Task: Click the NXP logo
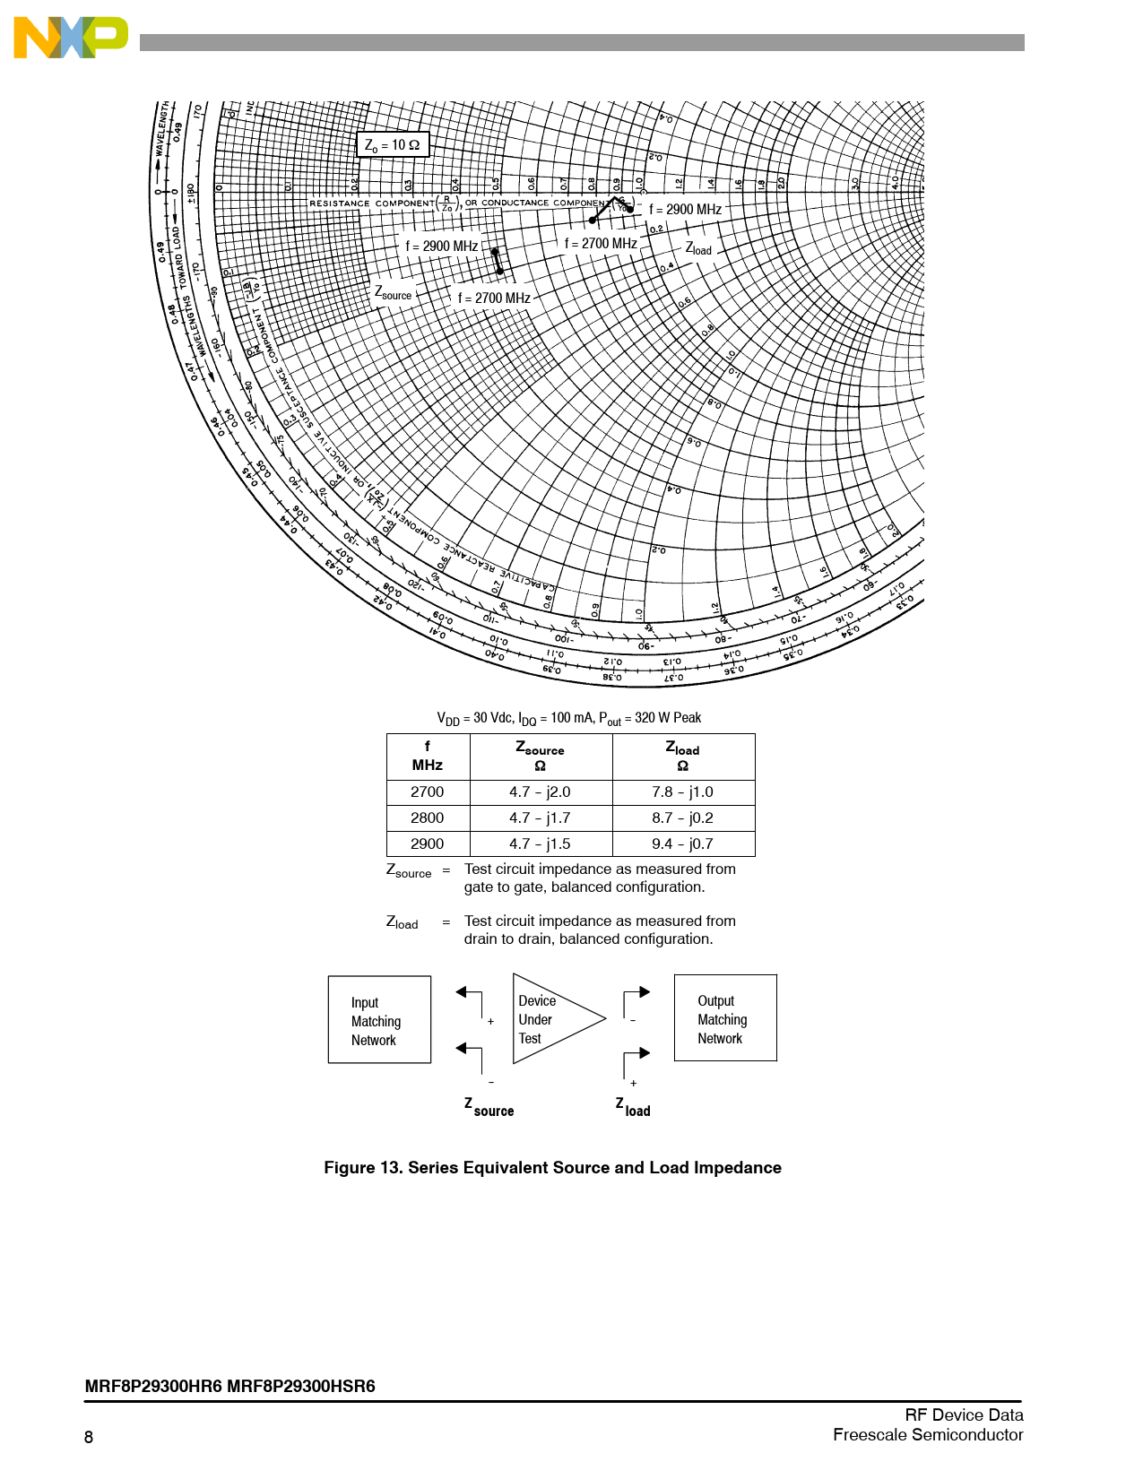click(70, 38)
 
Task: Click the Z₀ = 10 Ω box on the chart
click(393, 144)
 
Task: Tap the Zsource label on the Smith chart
click(393, 293)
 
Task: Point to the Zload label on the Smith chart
click(698, 248)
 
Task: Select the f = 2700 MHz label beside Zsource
click(494, 298)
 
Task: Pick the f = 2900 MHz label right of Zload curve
click(685, 210)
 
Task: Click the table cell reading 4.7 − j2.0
click(540, 792)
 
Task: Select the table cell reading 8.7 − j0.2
click(682, 818)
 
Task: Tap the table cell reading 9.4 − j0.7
click(682, 844)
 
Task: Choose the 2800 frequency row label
click(428, 818)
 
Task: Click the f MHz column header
click(428, 756)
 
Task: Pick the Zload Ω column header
click(682, 756)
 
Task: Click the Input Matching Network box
click(378, 1020)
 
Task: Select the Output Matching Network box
click(724, 1019)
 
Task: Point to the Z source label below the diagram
click(489, 1108)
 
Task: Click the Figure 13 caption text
click(552, 1168)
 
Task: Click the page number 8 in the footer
click(89, 1438)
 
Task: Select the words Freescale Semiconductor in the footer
click(928, 1435)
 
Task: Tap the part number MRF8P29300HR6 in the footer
click(153, 1387)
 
